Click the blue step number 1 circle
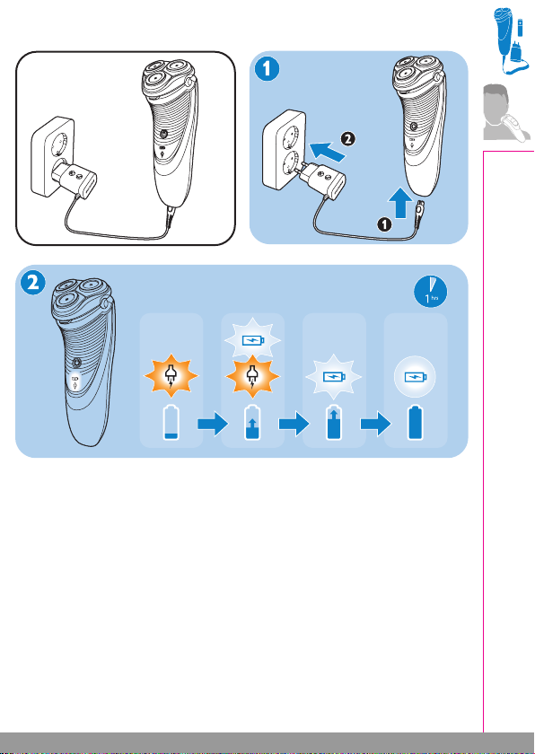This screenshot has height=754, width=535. point(266,70)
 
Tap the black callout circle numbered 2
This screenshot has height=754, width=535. point(349,139)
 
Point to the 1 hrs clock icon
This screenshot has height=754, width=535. point(431,292)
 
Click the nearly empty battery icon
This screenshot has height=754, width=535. point(171,423)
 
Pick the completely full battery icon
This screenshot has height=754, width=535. point(416,423)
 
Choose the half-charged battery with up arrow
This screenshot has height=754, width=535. point(253,423)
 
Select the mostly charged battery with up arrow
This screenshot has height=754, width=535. point(334,423)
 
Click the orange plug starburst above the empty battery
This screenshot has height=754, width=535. point(171,376)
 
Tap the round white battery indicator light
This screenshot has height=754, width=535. point(415,375)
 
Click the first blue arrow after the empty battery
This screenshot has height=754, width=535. point(212,424)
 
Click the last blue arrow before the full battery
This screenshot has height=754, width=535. point(375,424)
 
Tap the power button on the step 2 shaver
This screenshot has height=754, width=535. point(76,363)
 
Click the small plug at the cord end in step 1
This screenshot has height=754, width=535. point(420,210)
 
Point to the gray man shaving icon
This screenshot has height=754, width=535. point(506,112)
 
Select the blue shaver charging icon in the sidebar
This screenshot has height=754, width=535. point(511,42)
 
